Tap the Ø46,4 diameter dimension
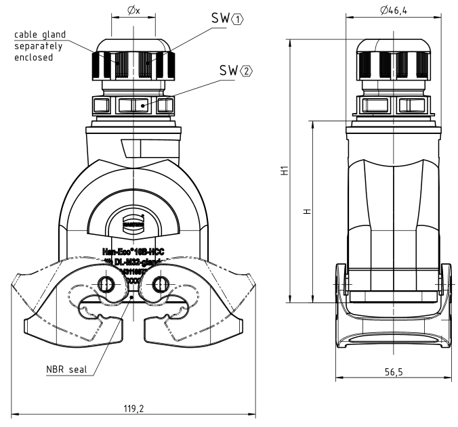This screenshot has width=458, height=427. tap(393, 10)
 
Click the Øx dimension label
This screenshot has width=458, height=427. tap(133, 10)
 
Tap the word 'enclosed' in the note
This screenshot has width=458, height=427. tap(34, 58)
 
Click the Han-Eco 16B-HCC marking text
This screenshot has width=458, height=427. tap(133, 250)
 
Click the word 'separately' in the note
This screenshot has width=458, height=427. tap(38, 47)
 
